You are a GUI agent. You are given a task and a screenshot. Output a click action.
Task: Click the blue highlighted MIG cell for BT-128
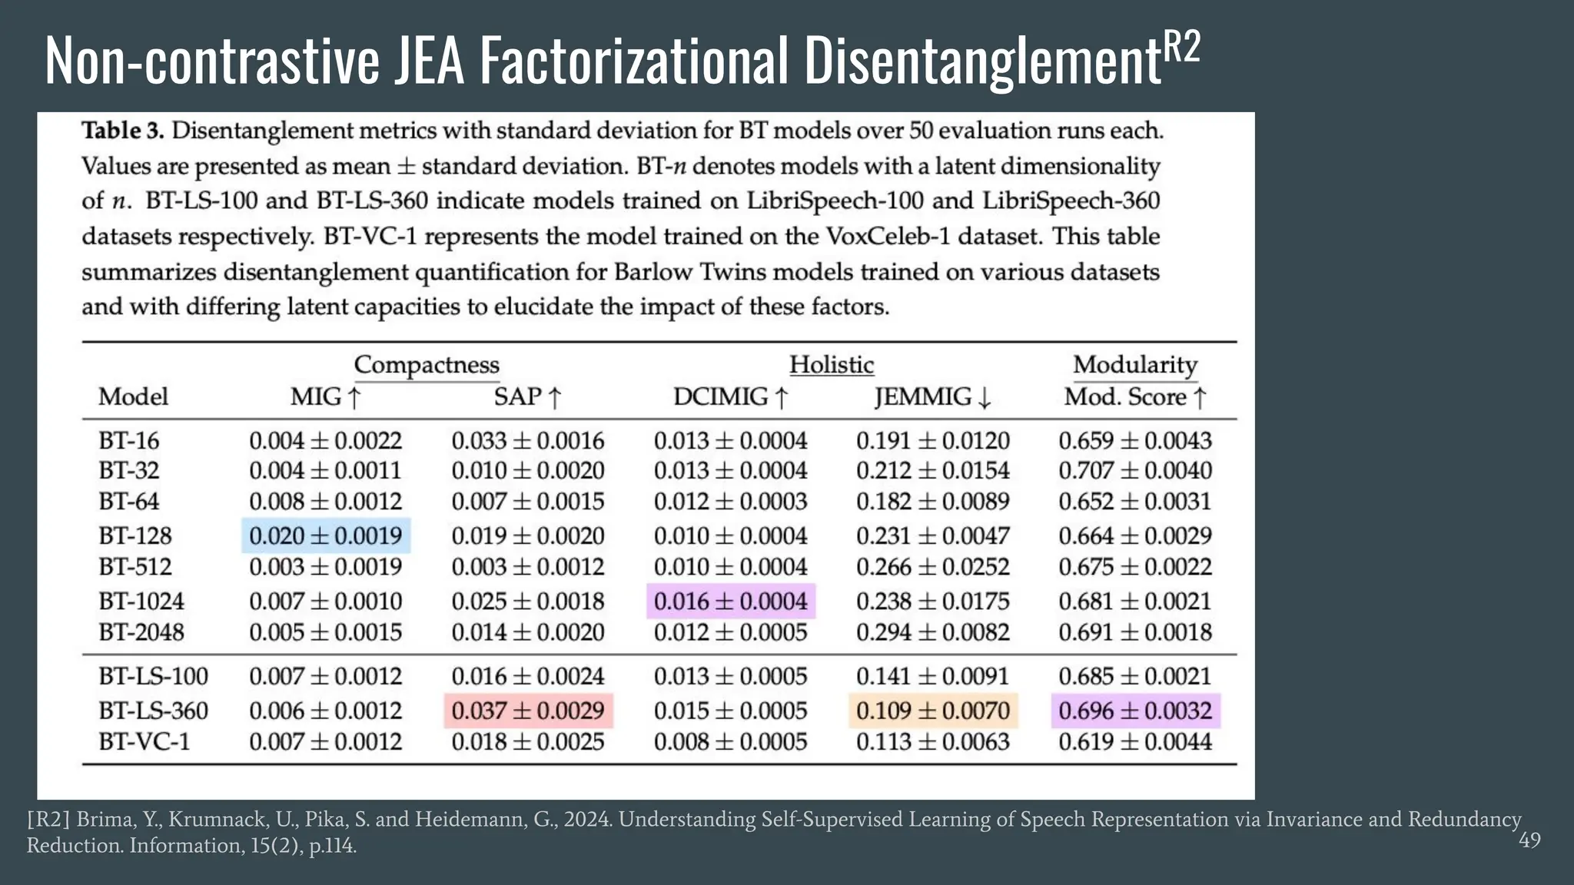pyautogui.click(x=326, y=535)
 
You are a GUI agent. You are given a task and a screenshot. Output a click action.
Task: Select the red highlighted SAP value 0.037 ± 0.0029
pyautogui.click(x=528, y=711)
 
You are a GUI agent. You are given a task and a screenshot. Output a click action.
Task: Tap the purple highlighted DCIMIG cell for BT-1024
pyautogui.click(x=730, y=601)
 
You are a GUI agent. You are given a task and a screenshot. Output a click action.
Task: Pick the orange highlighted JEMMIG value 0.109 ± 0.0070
pyautogui.click(x=932, y=711)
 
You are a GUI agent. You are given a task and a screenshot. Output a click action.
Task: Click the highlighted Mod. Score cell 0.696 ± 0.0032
pyautogui.click(x=1135, y=711)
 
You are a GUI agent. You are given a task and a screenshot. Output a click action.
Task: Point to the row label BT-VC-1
pyautogui.click(x=144, y=741)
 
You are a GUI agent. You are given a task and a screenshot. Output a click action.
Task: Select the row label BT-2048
pyautogui.click(x=141, y=632)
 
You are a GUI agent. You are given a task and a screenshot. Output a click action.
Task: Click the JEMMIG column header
pyautogui.click(x=932, y=396)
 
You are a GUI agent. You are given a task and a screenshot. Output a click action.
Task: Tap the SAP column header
pyautogui.click(x=528, y=396)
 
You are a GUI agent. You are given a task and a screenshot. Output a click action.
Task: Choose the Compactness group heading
pyautogui.click(x=427, y=364)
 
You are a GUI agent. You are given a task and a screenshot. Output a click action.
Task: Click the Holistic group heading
pyautogui.click(x=832, y=364)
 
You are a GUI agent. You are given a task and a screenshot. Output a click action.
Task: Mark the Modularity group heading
pyautogui.click(x=1135, y=364)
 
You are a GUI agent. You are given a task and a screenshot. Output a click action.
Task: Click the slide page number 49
pyautogui.click(x=1529, y=840)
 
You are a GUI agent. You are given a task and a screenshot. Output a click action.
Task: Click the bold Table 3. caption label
pyautogui.click(x=123, y=131)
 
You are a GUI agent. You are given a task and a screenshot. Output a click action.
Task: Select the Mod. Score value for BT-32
pyautogui.click(x=1135, y=470)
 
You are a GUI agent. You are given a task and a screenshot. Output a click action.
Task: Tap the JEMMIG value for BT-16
pyautogui.click(x=932, y=440)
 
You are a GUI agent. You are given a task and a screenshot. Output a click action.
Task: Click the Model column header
pyautogui.click(x=133, y=396)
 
